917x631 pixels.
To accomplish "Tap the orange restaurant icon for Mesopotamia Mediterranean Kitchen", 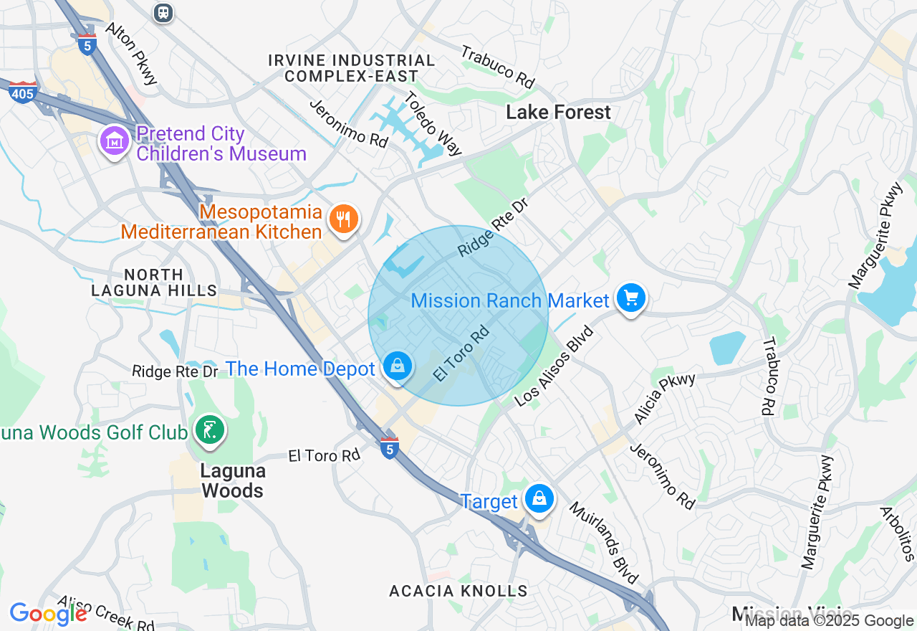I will point(344,219).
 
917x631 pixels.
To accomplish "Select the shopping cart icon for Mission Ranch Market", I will point(630,298).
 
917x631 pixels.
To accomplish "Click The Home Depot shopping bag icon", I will point(397,366).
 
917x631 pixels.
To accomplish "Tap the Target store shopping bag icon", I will point(539,498).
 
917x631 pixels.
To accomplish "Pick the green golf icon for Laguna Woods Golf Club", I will point(210,431).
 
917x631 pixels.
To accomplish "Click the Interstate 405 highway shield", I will point(23,92).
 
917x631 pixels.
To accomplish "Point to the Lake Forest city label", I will point(558,112).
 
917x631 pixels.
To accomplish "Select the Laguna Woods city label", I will point(233,480).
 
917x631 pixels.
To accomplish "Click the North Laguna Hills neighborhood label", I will point(154,283).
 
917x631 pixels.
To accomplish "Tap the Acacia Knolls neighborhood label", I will point(458,591).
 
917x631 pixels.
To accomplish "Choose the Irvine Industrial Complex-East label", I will point(352,68).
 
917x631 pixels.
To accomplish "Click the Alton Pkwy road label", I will point(131,53).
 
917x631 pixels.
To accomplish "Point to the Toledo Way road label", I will point(433,123).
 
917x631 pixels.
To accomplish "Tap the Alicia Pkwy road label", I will point(664,398).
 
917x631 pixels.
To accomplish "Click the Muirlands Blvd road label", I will point(603,542).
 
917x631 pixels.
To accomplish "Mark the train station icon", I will point(164,12).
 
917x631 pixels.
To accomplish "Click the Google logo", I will point(48,614).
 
